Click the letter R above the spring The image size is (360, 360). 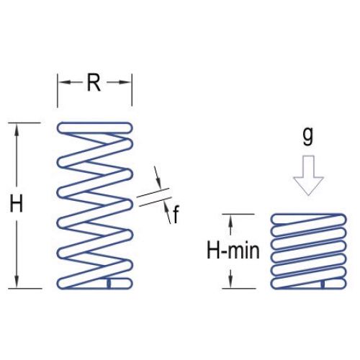94,83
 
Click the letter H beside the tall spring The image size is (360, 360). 17,204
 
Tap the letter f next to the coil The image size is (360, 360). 176,214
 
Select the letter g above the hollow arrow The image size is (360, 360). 308,136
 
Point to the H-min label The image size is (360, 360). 233,251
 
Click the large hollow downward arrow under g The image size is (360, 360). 308,176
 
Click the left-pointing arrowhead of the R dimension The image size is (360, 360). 65,82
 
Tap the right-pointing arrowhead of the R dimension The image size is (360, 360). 125,82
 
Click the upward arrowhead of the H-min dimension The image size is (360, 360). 230,220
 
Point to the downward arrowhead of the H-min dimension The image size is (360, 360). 230,282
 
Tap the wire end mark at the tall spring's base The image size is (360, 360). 109,283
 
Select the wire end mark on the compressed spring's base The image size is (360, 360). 323,284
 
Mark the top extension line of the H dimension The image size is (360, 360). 24,122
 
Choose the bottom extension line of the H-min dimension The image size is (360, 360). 239,288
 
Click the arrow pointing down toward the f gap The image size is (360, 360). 158,177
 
